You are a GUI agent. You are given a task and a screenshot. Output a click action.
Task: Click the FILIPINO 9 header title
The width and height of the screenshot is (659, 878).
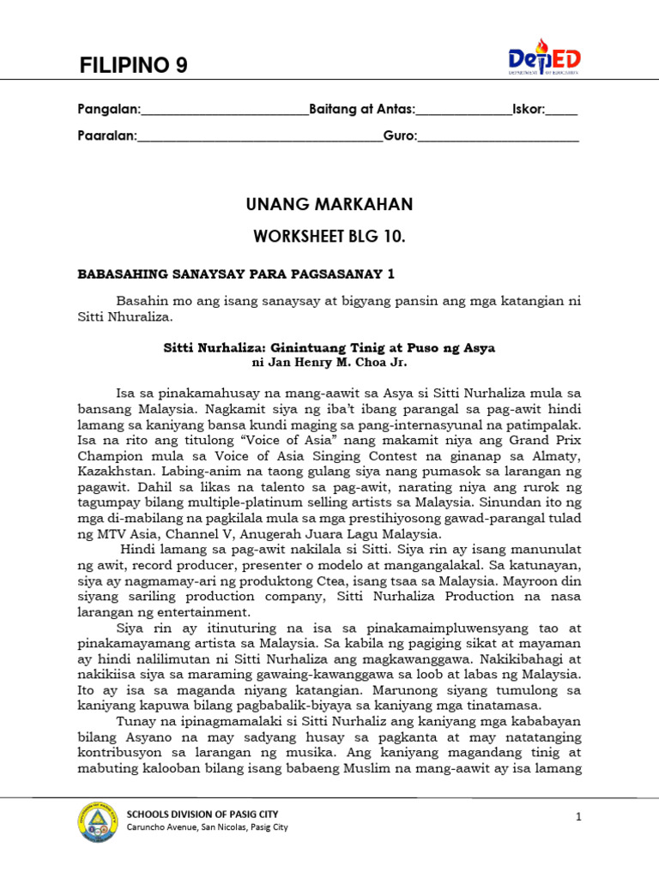click(133, 65)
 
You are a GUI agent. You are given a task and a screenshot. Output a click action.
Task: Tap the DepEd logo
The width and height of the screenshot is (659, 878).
click(544, 57)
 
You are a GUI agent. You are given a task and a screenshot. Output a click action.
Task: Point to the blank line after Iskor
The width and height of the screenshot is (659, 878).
click(561, 111)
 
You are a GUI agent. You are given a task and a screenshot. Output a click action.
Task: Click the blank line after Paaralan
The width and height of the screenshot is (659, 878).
click(260, 137)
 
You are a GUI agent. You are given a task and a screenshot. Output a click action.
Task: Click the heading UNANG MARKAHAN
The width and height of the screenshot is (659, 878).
click(329, 204)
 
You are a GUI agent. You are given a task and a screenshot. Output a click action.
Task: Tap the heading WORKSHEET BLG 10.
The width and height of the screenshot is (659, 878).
click(329, 236)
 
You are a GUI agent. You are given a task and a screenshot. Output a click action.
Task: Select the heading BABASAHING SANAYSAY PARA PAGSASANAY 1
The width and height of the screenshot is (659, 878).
click(236, 274)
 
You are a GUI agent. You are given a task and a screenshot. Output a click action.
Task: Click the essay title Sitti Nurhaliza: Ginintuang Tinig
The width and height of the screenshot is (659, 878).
click(329, 348)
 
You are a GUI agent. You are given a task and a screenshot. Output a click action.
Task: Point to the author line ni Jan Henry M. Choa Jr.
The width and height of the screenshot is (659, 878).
click(329, 364)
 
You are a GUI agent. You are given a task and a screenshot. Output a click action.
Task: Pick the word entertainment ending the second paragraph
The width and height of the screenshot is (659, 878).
click(204, 612)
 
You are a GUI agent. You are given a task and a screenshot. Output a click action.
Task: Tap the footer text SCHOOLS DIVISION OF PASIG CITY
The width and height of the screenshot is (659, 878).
click(203, 814)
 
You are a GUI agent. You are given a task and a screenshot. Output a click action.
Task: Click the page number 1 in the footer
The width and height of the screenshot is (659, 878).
click(579, 817)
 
